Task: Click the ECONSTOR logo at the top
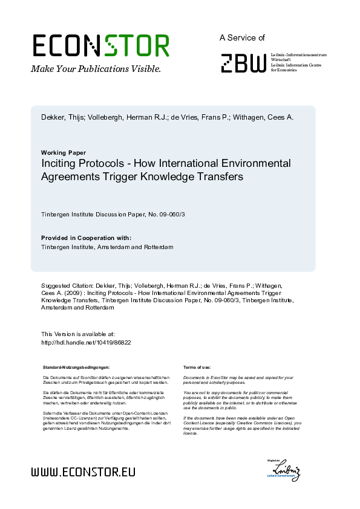coord(100,46)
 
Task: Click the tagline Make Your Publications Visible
coord(96,69)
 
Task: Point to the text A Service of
coord(242,37)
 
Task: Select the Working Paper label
coord(64,152)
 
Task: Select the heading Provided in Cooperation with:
coord(86,238)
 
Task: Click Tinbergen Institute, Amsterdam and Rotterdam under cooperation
coord(107,247)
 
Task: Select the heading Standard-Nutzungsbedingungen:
coord(76,368)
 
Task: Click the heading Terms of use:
coord(197,368)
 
